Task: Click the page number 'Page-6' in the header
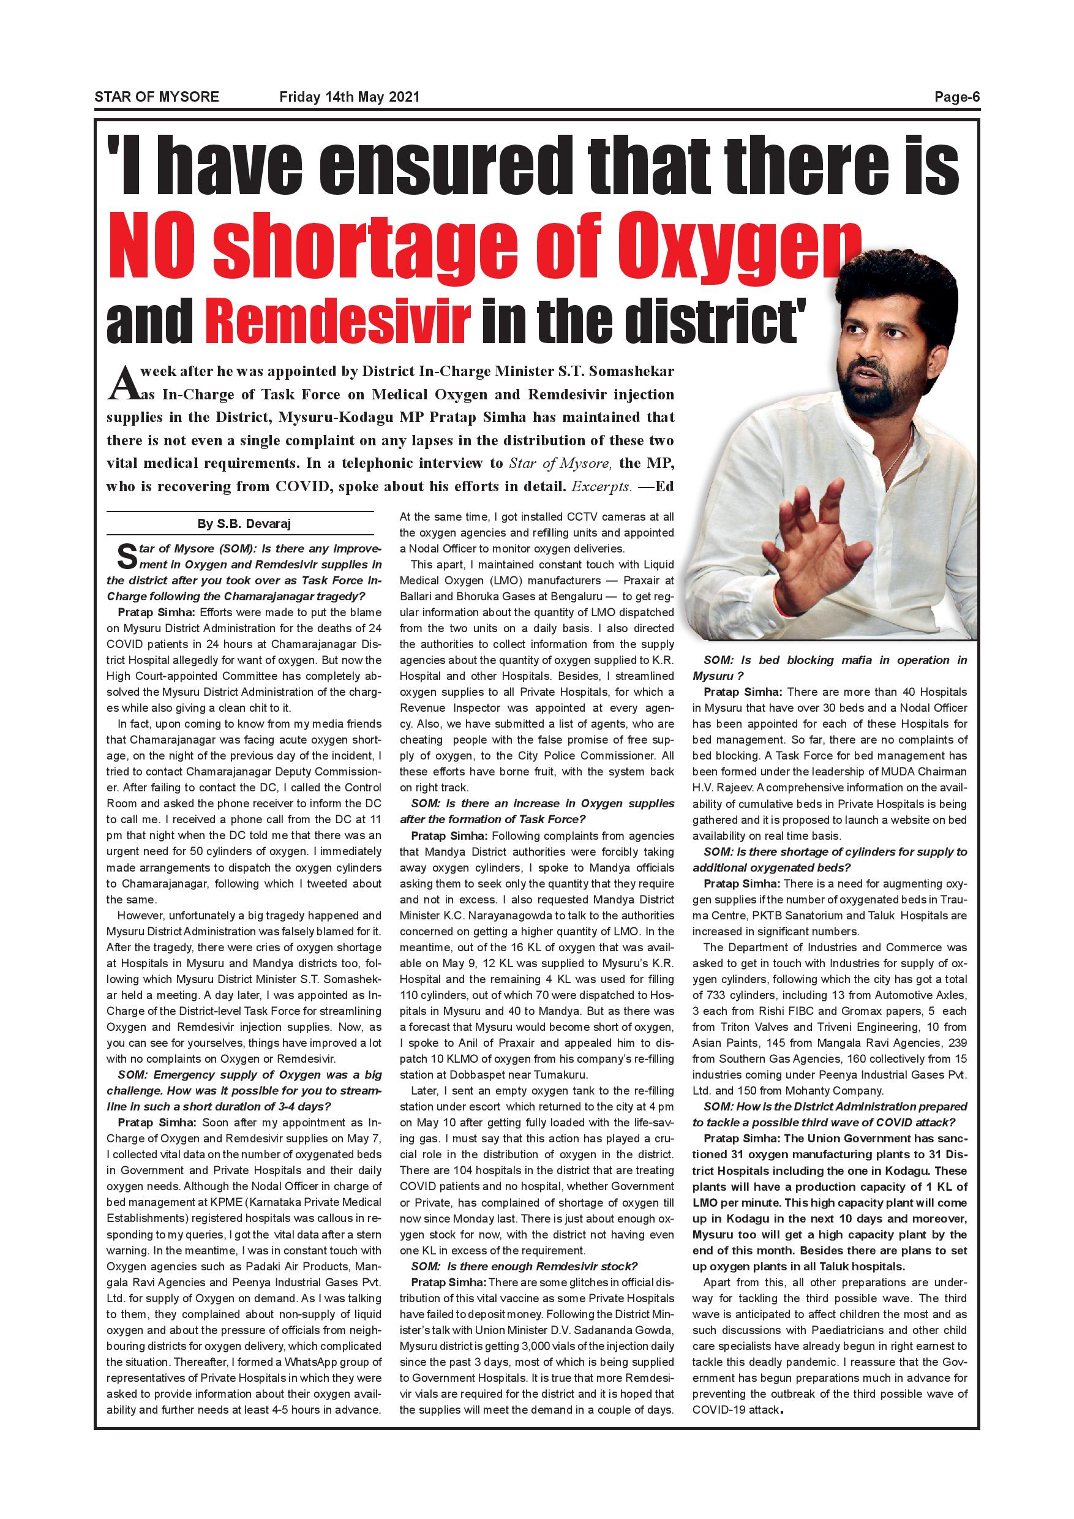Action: tap(956, 97)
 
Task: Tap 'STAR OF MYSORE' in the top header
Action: tap(157, 97)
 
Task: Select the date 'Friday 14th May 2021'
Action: tap(349, 97)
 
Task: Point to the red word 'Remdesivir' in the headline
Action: tap(337, 320)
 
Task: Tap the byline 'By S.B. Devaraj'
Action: tap(244, 524)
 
